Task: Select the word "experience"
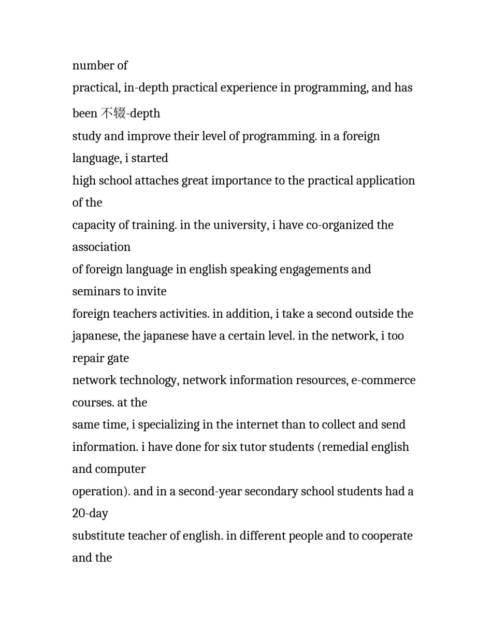[249, 88]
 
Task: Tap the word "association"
[102, 247]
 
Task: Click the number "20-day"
[90, 514]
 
